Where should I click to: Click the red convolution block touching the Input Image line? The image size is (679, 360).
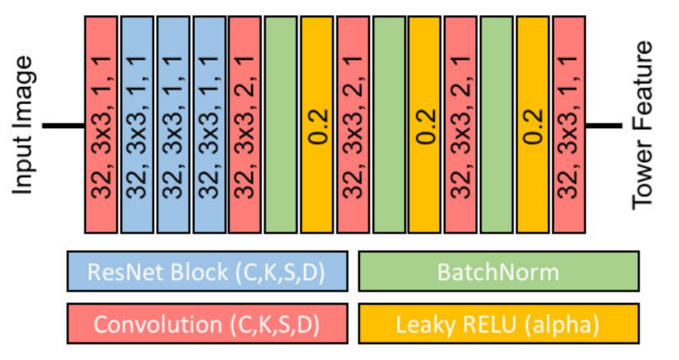pyautogui.click(x=100, y=125)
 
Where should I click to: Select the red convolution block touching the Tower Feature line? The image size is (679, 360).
pyautogui.click(x=569, y=125)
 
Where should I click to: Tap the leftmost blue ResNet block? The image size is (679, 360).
pyautogui.click(x=137, y=125)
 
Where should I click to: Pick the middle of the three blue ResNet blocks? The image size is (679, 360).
pyautogui.click(x=173, y=125)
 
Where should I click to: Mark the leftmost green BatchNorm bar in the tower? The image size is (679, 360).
pyautogui.click(x=281, y=125)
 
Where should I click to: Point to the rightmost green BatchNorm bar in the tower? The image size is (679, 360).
pyautogui.click(x=497, y=125)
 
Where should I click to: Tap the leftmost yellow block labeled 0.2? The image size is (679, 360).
pyautogui.click(x=317, y=125)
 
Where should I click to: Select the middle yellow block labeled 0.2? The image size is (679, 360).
pyautogui.click(x=425, y=125)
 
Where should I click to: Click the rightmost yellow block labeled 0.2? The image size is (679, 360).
pyautogui.click(x=533, y=125)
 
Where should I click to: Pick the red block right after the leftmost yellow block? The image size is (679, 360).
pyautogui.click(x=353, y=125)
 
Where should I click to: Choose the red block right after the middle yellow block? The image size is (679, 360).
pyautogui.click(x=461, y=125)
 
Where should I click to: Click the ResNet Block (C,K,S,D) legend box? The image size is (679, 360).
pyautogui.click(x=207, y=271)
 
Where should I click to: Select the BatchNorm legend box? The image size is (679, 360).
pyautogui.click(x=499, y=271)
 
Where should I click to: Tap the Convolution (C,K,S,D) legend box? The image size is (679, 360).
pyautogui.click(x=207, y=325)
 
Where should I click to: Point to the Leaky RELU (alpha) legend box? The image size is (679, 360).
pyautogui.click(x=499, y=325)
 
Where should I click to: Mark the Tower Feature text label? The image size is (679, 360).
pyautogui.click(x=642, y=125)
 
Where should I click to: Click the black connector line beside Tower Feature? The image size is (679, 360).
pyautogui.click(x=603, y=126)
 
